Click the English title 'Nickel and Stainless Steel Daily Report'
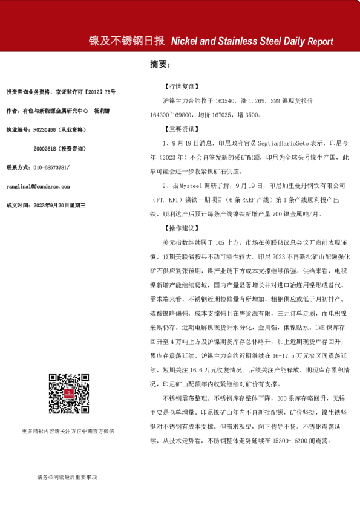[252, 42]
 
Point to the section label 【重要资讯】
[180, 129]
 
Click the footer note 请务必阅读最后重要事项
[67, 477]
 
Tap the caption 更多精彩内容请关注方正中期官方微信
[68, 431]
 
